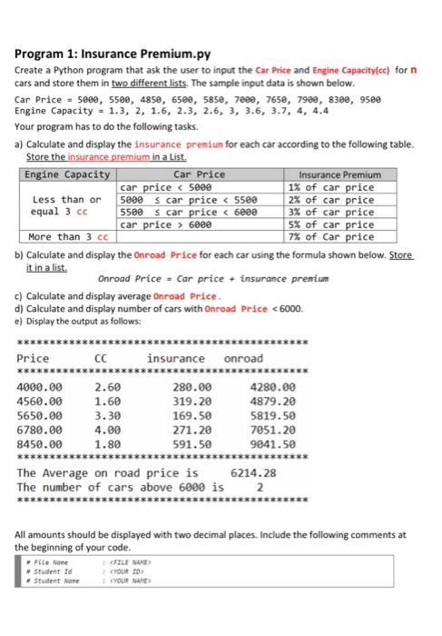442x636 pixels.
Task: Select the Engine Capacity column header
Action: (67, 174)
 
